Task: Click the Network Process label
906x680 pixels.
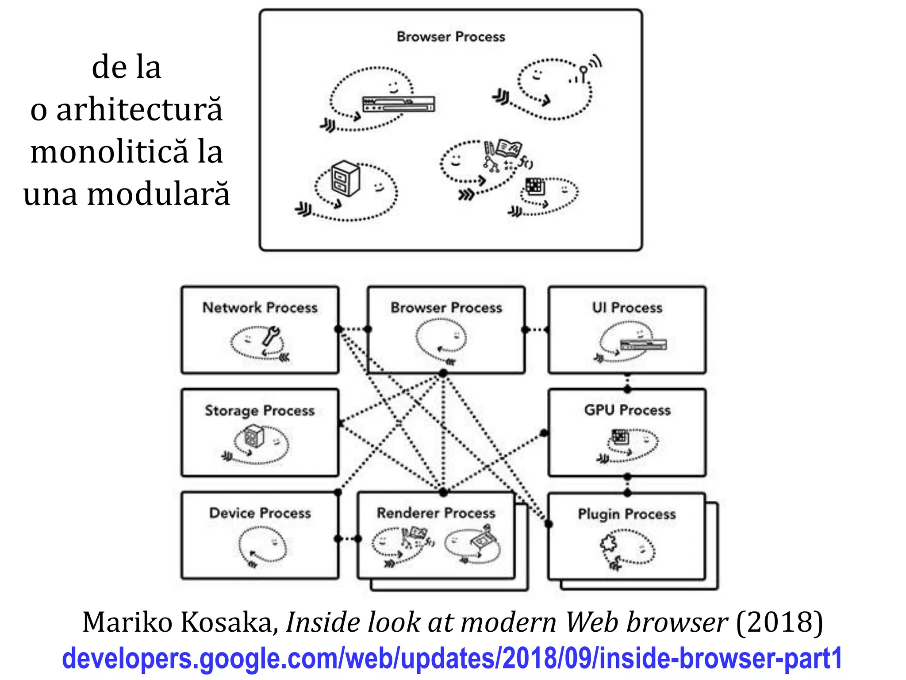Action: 260,307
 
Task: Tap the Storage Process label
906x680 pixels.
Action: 260,410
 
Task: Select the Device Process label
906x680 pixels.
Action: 260,513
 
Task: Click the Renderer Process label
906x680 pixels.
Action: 436,513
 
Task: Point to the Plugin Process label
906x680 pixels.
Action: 626,514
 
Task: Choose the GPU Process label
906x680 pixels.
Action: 627,410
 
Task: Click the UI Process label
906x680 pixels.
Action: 627,307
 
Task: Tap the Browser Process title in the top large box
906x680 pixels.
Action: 450,36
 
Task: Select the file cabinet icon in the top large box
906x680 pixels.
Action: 345,178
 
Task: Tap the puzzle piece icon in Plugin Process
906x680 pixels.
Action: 609,543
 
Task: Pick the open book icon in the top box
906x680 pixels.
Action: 509,148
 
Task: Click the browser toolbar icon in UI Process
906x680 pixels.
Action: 643,344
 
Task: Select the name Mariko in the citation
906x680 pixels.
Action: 127,622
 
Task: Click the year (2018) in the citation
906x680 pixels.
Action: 779,622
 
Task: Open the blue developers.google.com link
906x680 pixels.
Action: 451,658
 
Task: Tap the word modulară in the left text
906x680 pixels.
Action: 158,194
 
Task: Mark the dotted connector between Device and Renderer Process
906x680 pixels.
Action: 348,539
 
